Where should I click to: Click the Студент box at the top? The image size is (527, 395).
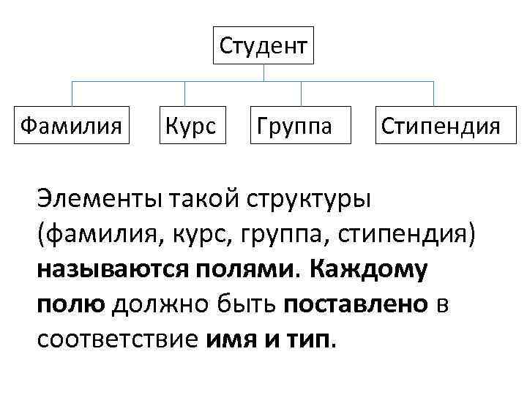pos(263,46)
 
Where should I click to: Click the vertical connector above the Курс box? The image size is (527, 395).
pos(184,94)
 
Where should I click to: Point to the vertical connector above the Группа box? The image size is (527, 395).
pos(302,94)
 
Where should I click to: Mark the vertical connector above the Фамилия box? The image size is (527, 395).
pos(71,94)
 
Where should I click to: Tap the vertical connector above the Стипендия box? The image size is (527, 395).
pos(433,94)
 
